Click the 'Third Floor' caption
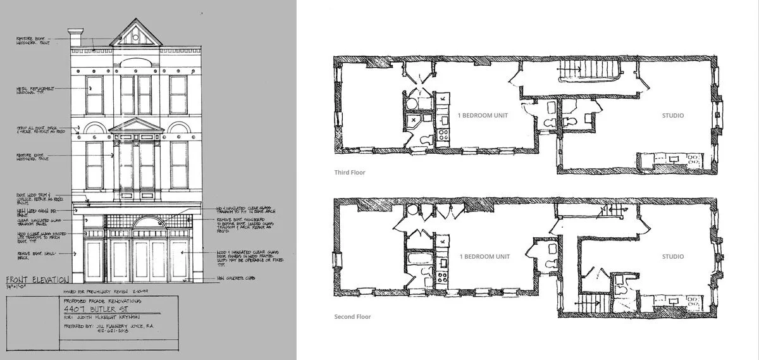(x=350, y=172)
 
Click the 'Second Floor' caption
(x=352, y=316)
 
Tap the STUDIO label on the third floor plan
(x=672, y=116)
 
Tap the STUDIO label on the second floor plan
(x=672, y=257)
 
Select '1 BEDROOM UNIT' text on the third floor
(x=483, y=116)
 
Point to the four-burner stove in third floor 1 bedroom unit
(x=442, y=135)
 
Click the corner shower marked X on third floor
(x=414, y=120)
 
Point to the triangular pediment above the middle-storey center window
(x=137, y=125)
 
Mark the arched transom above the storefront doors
(x=149, y=222)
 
